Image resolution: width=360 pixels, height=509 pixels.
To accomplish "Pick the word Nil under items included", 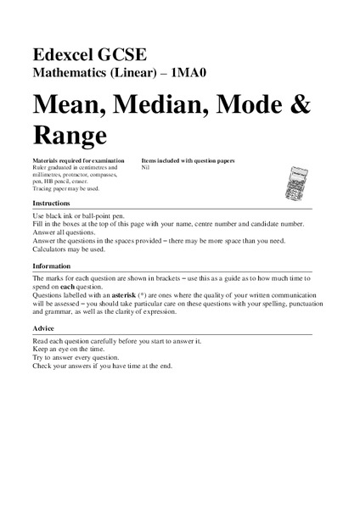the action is point(145,167).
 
